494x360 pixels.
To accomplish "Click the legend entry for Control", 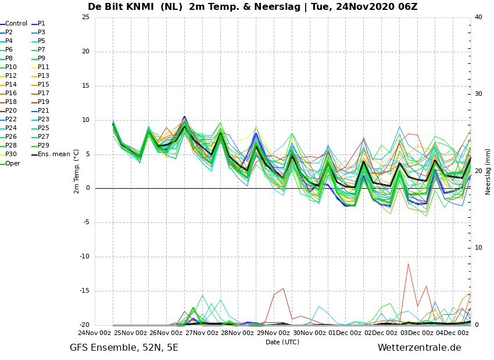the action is (14, 24).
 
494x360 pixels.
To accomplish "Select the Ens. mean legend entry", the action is (51, 154).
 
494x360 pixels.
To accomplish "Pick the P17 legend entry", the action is (40, 93).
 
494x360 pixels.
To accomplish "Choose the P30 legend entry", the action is (9, 154).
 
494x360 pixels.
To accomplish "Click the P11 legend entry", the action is (40, 67).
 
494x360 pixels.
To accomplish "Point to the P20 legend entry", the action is (9, 110).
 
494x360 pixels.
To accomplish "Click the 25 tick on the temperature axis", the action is (85, 17).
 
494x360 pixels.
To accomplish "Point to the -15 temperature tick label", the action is (84, 291).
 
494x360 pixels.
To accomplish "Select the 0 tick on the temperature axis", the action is (88, 188).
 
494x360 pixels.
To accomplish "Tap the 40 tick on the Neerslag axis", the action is (478, 17).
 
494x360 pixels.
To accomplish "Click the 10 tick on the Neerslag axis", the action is (478, 248).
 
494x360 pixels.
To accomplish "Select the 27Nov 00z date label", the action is (202, 333).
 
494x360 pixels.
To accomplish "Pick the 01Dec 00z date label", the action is (345, 333).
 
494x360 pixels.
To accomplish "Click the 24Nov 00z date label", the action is (95, 333).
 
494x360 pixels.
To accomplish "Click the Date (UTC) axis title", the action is (282, 342).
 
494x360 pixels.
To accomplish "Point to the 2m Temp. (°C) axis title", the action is (77, 171).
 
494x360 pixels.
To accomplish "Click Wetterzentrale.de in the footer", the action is (420, 348).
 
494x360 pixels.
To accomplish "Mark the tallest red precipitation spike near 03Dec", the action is (409, 264).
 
